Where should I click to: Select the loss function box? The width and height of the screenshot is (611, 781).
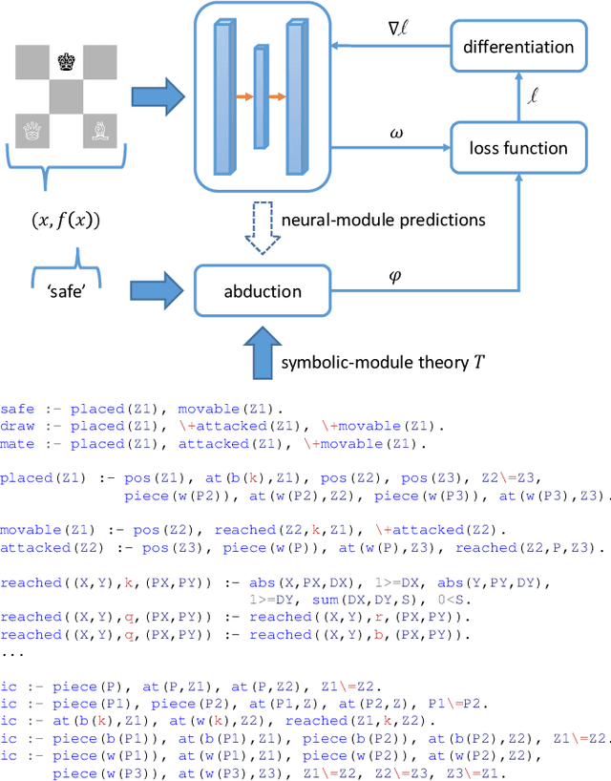(x=519, y=148)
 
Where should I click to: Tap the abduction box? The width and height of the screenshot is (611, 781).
(x=263, y=289)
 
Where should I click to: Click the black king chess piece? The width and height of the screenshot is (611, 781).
(x=66, y=62)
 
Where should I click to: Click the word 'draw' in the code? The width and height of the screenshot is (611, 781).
(x=16, y=425)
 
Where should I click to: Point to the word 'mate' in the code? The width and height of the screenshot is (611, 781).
(x=16, y=443)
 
